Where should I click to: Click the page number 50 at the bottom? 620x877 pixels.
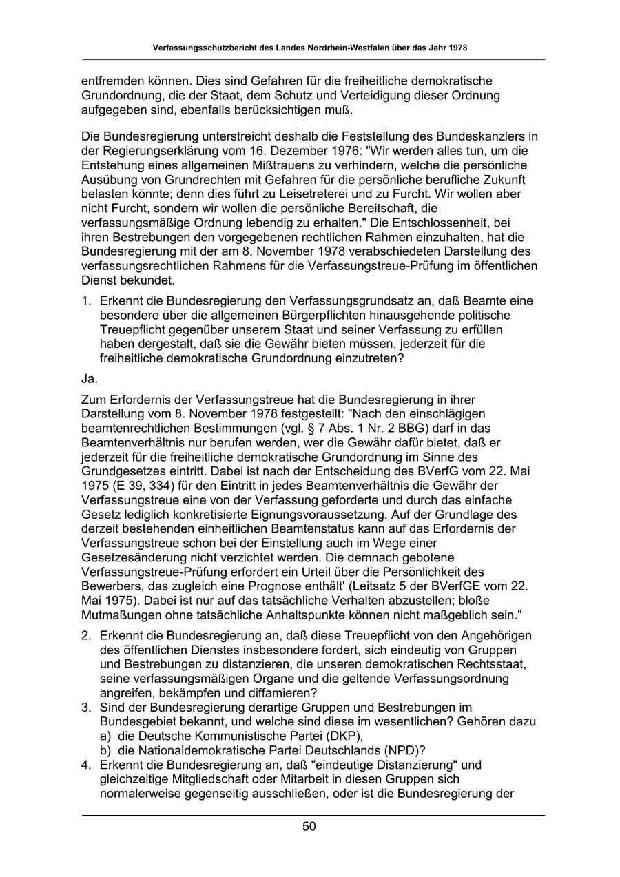pyautogui.click(x=309, y=827)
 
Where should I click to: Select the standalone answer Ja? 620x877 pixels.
pyautogui.click(x=89, y=378)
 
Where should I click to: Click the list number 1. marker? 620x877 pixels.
pyautogui.click(x=86, y=300)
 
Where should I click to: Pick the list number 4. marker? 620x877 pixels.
pyautogui.click(x=86, y=765)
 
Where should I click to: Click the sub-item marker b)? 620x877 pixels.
pyautogui.click(x=106, y=750)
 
